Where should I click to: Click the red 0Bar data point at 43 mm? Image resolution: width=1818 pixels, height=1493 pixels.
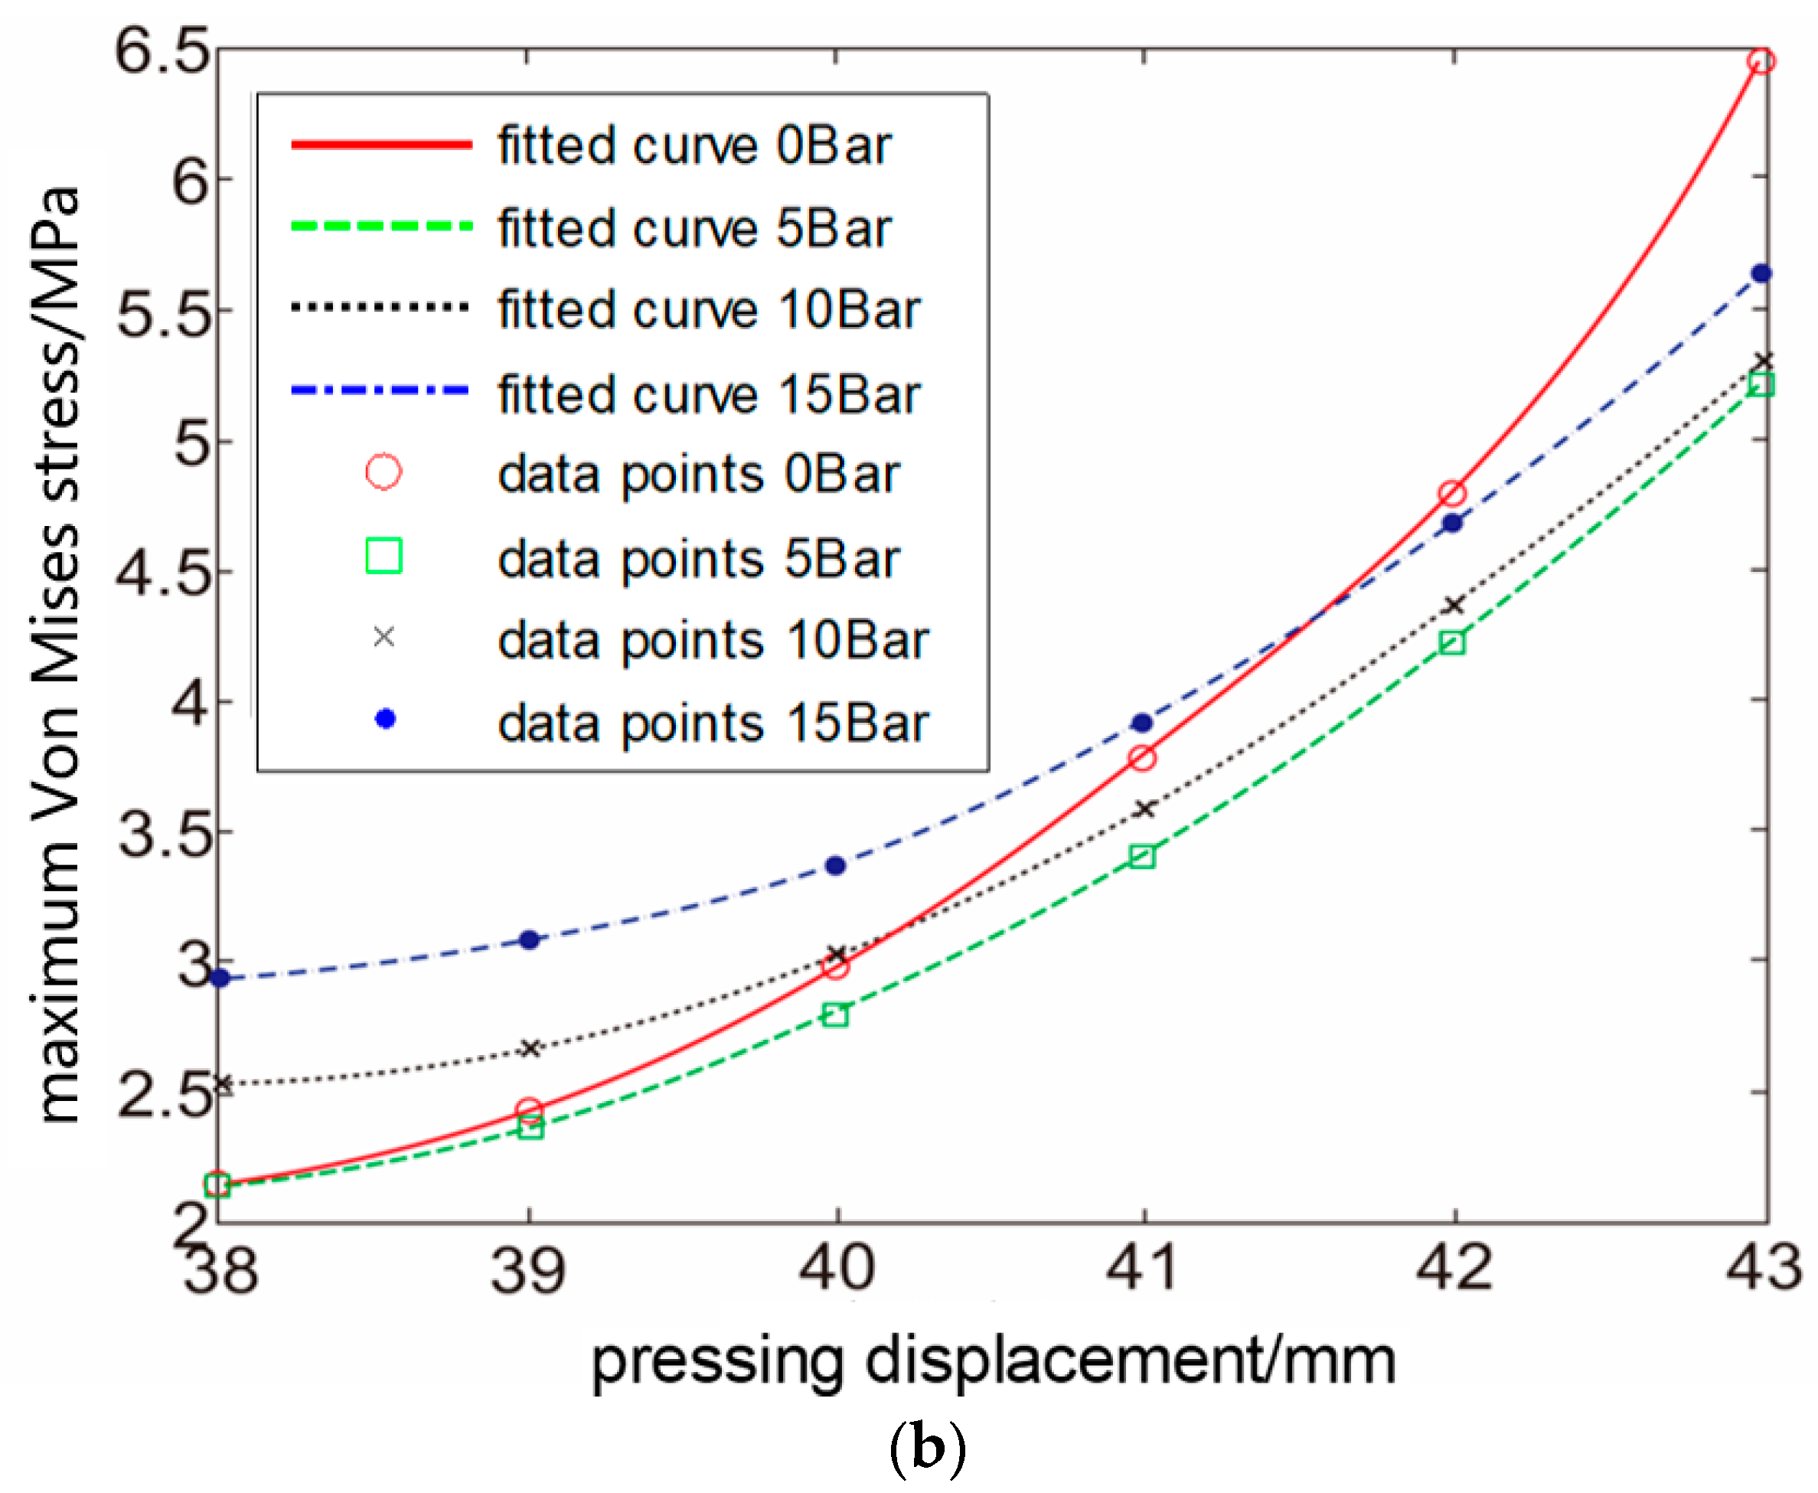(x=1761, y=61)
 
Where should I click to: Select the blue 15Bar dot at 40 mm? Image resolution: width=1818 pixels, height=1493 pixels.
(x=835, y=865)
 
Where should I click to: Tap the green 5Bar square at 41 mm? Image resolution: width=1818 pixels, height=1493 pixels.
(x=1142, y=856)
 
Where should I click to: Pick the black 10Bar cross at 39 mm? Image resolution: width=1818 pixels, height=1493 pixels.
(x=530, y=1048)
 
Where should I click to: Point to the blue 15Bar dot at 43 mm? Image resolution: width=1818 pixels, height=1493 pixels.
(x=1761, y=273)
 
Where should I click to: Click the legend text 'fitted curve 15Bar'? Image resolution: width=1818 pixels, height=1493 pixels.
(x=709, y=395)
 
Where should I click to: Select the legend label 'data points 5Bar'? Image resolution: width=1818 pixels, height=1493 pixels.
(x=698, y=559)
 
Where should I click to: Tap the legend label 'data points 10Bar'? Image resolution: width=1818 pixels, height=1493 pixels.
(x=713, y=641)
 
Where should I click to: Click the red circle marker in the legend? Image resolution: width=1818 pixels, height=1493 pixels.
(x=384, y=472)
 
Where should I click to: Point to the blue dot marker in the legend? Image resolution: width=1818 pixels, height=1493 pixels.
(x=385, y=719)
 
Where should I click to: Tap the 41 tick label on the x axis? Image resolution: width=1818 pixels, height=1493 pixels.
(x=1142, y=1268)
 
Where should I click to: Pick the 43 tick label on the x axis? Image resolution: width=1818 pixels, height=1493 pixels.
(x=1763, y=1268)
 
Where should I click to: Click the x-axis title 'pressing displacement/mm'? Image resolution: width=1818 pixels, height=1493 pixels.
(x=994, y=1361)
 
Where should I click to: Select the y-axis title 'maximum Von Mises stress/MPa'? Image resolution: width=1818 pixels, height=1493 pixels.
(x=58, y=654)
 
